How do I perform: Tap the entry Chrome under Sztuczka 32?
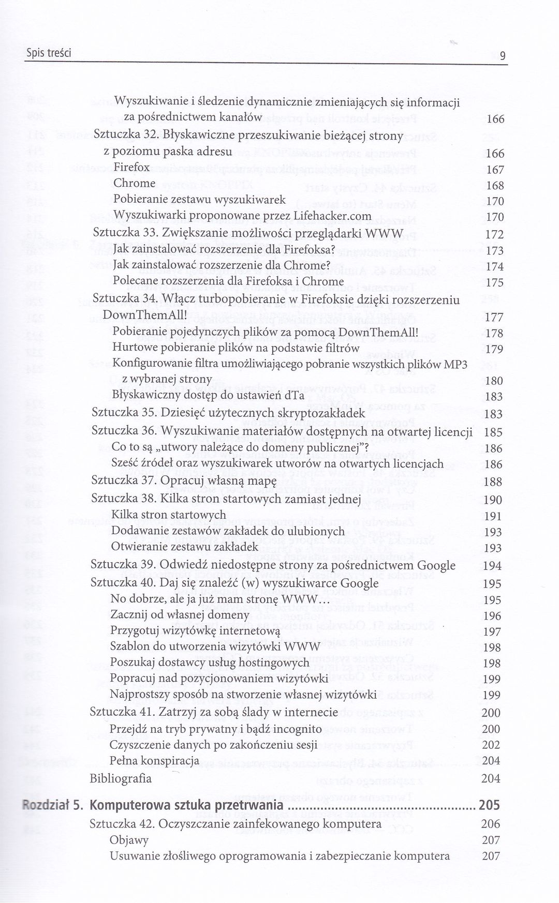134,183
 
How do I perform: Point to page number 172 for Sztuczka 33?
495,234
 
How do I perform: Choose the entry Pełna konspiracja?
154,760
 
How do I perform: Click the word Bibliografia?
120,778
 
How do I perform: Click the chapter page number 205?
489,806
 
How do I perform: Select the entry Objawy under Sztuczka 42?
129,840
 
